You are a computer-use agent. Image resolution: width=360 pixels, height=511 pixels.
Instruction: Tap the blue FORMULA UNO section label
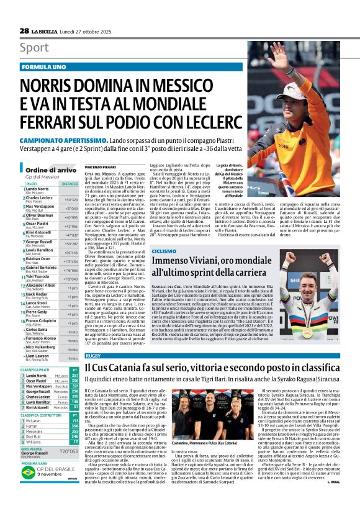point(43,66)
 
